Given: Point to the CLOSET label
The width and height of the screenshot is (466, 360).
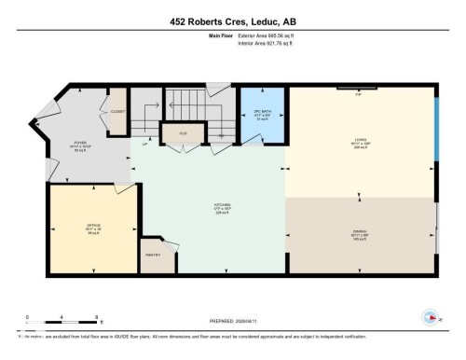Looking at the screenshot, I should point(117,109).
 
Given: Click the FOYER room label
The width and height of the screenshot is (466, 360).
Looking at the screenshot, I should point(80,145).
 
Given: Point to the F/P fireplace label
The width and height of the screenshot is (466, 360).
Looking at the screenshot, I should point(360,93).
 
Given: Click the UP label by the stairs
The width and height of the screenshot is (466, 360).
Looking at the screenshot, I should point(144,144).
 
